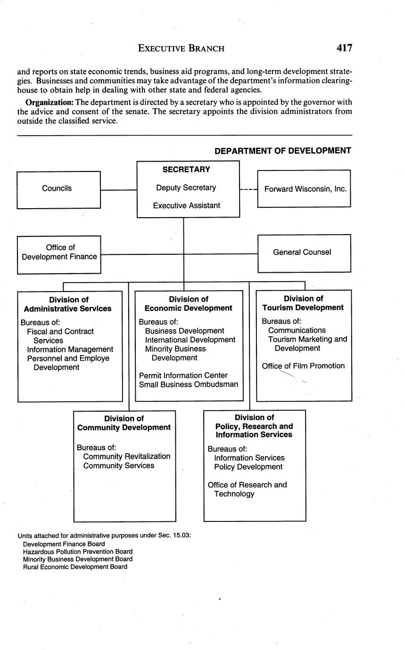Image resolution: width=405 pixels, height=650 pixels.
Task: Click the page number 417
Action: click(344, 48)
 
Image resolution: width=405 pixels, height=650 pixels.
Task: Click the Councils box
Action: click(58, 189)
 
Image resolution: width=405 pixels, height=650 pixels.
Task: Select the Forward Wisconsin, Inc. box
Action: click(305, 189)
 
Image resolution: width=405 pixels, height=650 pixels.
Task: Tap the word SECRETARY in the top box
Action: click(186, 170)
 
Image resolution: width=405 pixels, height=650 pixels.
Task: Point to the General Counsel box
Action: click(304, 252)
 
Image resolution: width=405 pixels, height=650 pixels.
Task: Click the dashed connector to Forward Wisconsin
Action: click(248, 190)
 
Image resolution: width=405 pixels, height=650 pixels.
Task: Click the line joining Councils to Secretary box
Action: click(118, 190)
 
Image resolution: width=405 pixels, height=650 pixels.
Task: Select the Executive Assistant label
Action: click(187, 206)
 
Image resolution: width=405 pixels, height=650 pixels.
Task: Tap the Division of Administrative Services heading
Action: click(68, 304)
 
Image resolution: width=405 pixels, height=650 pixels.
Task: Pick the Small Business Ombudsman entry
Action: click(189, 384)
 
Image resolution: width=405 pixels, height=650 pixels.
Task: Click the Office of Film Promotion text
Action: click(303, 366)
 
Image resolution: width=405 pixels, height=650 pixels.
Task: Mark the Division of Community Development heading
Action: click(124, 423)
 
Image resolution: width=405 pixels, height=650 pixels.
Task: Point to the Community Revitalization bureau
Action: click(126, 456)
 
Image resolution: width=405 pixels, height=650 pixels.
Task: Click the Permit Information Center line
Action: click(183, 375)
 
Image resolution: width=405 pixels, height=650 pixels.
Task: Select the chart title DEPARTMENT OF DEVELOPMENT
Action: click(283, 151)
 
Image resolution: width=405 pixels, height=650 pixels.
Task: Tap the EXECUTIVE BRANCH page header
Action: click(182, 48)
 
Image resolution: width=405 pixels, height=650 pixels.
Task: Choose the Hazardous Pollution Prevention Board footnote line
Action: click(78, 552)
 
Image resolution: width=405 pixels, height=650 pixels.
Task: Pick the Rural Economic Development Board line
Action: click(75, 567)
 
